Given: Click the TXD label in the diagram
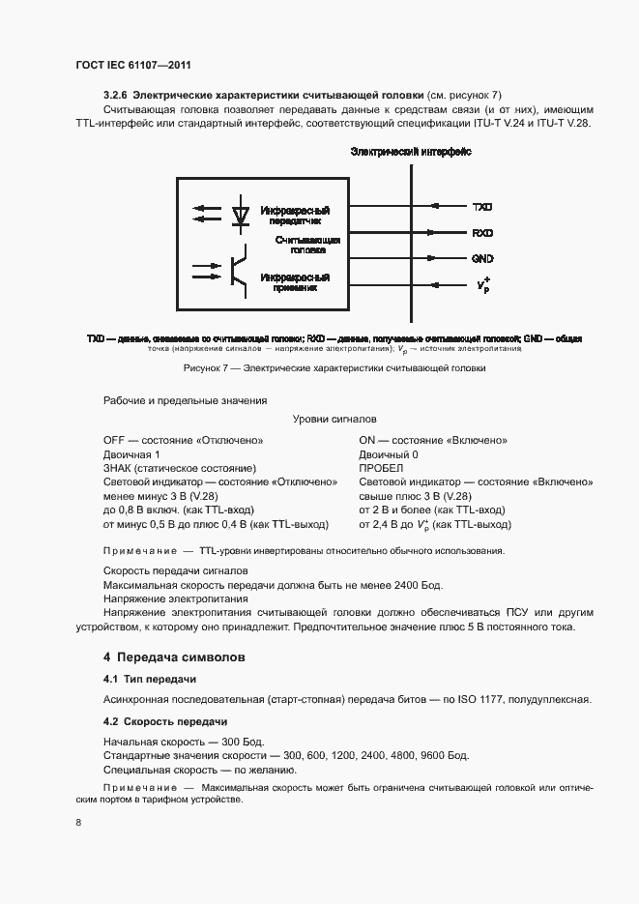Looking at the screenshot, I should (x=482, y=207).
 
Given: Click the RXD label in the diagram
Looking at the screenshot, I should (x=482, y=233).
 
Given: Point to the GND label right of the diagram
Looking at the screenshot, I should (x=482, y=259).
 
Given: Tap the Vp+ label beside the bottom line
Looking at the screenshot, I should (x=482, y=285).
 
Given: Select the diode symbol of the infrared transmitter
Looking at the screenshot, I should (x=242, y=212).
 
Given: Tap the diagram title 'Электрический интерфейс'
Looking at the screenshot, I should (x=411, y=153).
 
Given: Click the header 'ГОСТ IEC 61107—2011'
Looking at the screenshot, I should (x=132, y=64).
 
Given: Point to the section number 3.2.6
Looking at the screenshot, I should (x=116, y=95).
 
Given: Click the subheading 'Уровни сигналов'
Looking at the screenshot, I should (x=334, y=419).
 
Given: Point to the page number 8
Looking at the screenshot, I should (x=77, y=822).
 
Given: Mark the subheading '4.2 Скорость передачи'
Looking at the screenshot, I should (x=165, y=721).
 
